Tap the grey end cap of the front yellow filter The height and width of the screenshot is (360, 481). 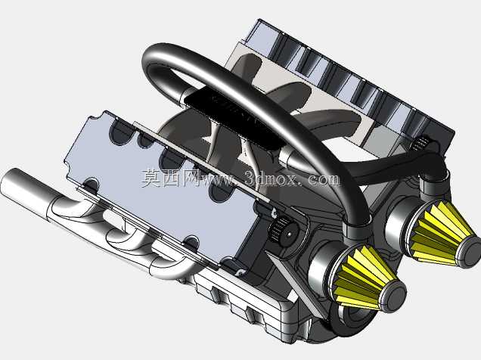(x=393, y=295)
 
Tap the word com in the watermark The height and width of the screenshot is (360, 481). (x=324, y=179)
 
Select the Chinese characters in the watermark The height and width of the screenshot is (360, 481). (x=170, y=178)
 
